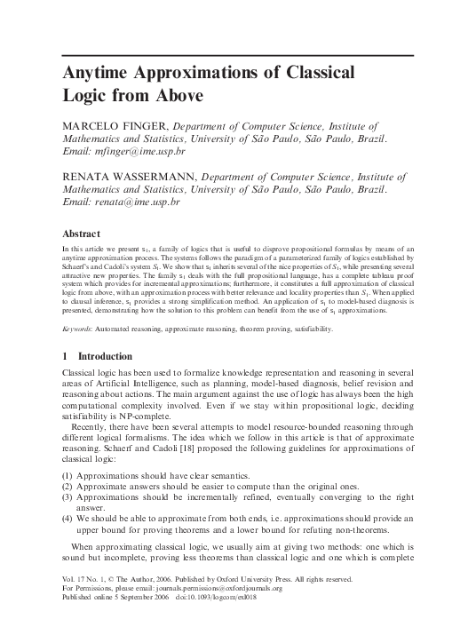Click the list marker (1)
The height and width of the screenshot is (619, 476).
67,476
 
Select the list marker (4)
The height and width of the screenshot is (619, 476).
67,517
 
